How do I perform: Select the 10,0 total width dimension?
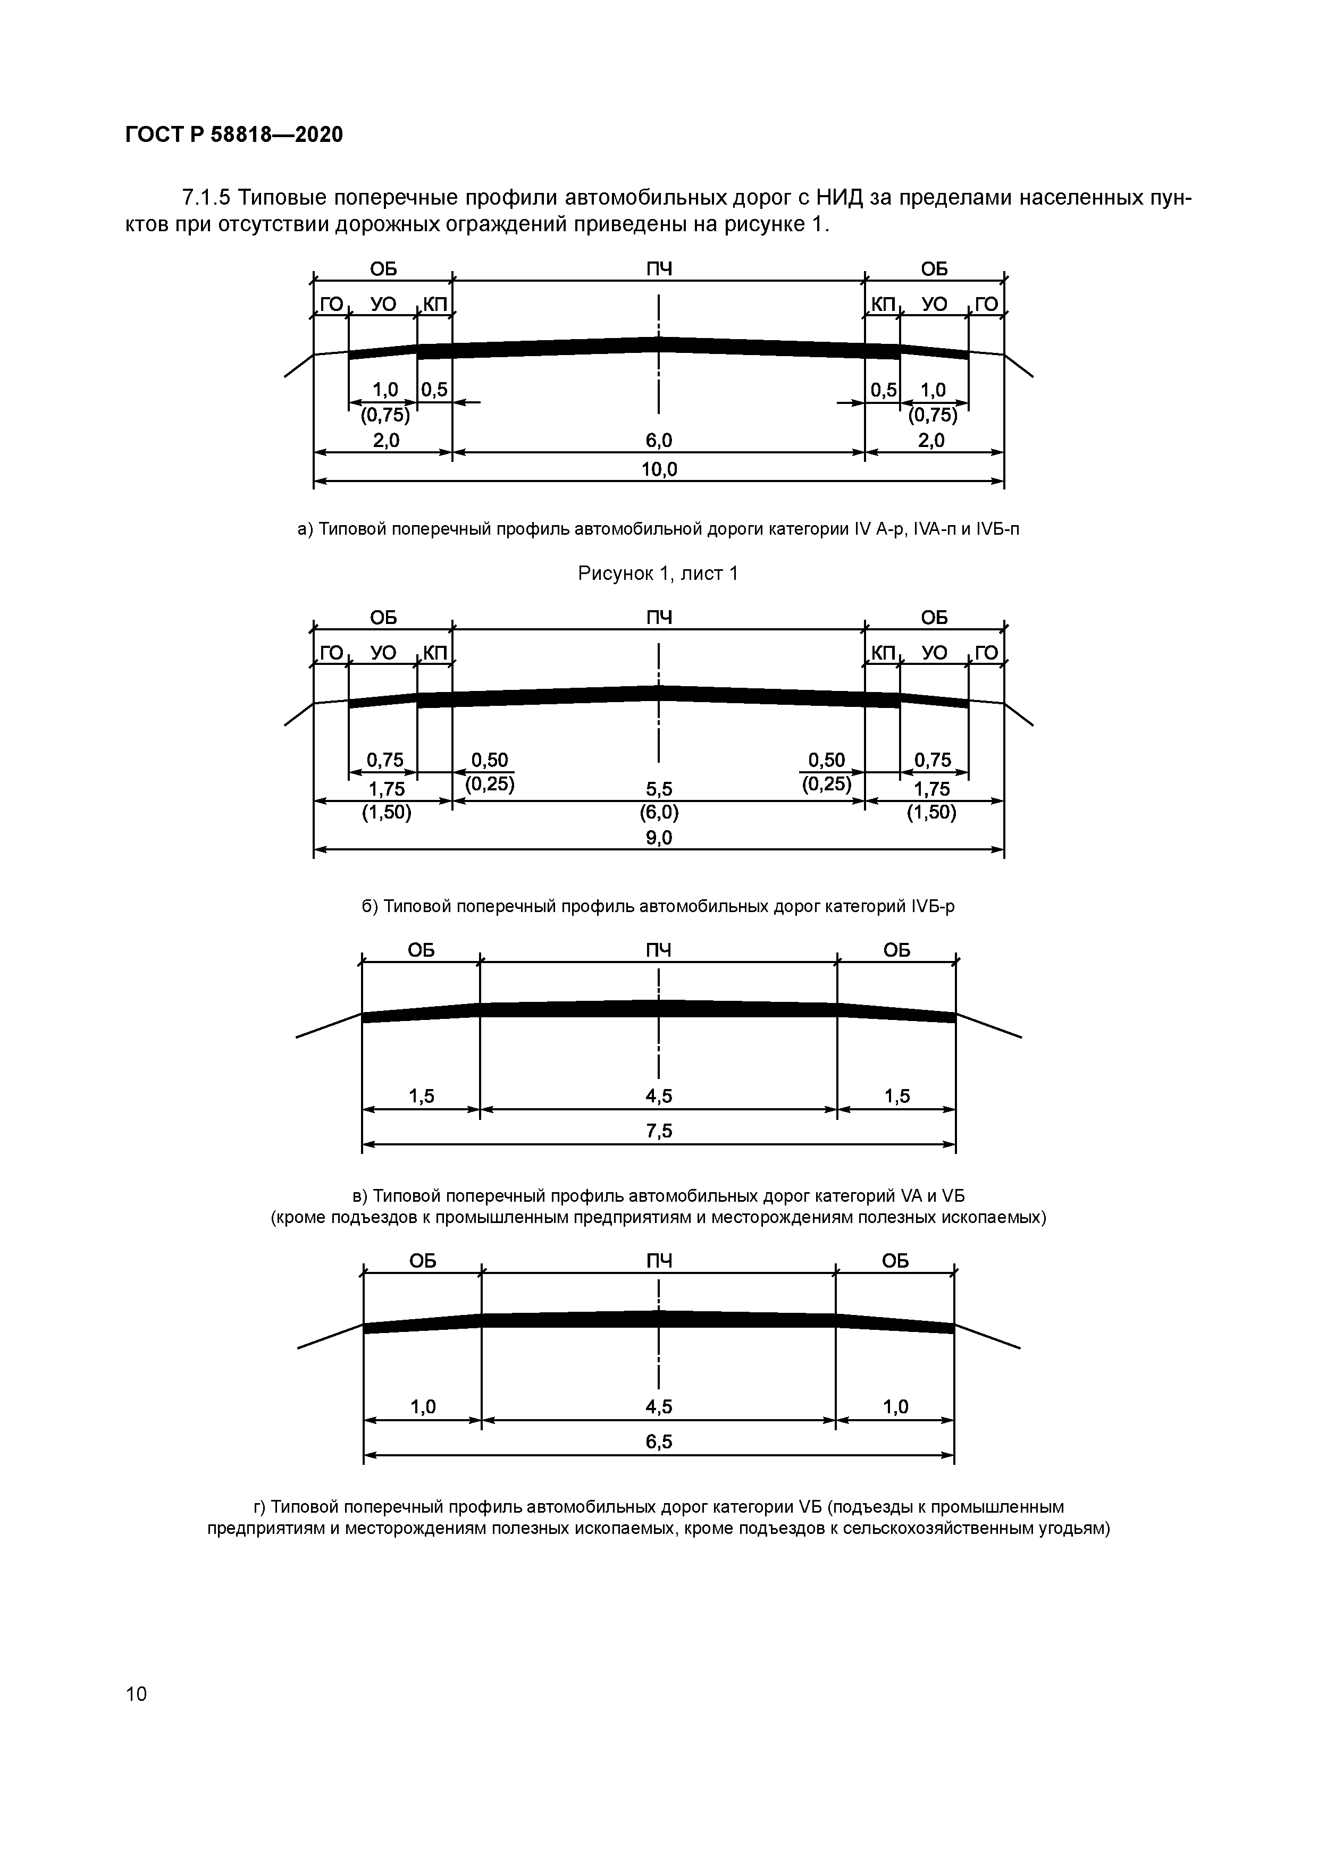(659, 469)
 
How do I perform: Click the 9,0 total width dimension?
(659, 838)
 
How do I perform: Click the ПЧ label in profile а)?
(659, 269)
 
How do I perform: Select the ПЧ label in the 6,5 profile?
(659, 1261)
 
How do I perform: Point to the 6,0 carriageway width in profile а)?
(659, 441)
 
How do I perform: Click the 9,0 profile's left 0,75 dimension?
(385, 761)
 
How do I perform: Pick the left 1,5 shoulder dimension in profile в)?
(422, 1097)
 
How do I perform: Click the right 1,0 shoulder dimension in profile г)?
(896, 1407)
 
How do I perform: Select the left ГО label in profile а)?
(331, 305)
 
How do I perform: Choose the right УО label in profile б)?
(935, 653)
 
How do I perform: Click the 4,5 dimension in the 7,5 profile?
(659, 1097)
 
